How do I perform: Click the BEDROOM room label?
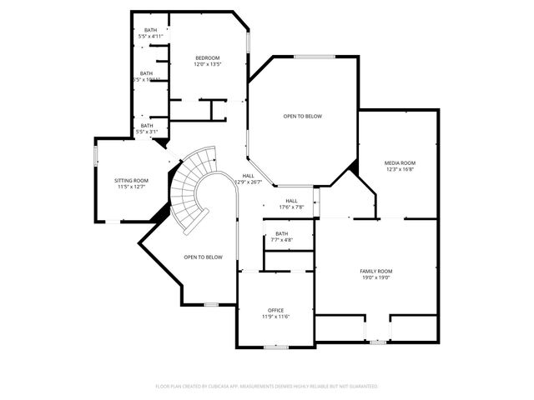coord(207,57)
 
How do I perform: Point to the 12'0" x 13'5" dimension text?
coord(207,64)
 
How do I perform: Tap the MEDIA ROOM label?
coord(399,162)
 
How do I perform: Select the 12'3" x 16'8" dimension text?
coord(399,169)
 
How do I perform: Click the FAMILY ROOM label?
coord(375,271)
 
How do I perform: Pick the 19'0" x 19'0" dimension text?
coord(375,277)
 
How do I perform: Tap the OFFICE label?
coord(276,310)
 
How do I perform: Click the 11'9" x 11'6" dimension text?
coord(276,317)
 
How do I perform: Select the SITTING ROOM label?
coord(131,180)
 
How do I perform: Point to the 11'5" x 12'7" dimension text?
coord(131,187)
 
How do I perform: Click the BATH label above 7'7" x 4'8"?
coord(281,233)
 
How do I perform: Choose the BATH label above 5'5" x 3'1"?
coord(147,125)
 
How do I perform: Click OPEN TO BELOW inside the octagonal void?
coord(302,116)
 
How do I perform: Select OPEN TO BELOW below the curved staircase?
coord(204,257)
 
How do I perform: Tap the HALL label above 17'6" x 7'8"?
coord(291,201)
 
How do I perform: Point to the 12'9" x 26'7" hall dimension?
coord(249,182)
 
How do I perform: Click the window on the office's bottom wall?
coord(275,346)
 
